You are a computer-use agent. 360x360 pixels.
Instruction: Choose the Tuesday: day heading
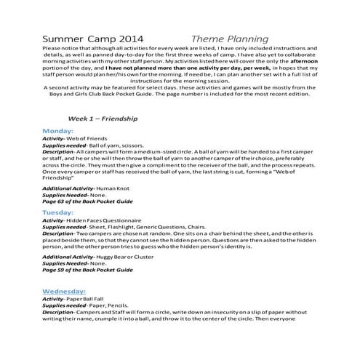[64, 212]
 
